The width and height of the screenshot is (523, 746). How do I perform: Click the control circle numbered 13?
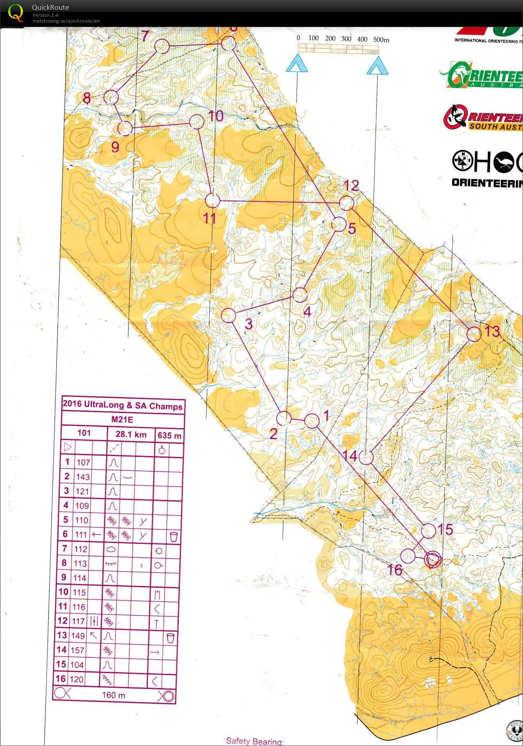474,334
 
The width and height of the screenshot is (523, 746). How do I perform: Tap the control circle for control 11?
212,201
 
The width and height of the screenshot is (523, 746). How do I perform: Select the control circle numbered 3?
229,315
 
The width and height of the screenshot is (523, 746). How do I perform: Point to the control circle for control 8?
111,97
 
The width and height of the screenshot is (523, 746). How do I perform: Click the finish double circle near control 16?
432,559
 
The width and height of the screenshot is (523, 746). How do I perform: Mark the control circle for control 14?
366,457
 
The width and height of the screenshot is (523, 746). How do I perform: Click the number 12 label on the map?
351,186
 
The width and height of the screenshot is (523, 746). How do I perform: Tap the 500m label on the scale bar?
381,40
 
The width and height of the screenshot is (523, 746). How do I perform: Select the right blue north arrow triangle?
377,66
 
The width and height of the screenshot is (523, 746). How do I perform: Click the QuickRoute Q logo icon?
16,13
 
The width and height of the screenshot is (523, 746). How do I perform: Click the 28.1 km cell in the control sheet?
131,434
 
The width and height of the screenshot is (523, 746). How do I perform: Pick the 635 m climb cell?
169,436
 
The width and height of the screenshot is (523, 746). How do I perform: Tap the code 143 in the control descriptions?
83,477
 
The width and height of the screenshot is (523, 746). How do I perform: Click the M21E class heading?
122,419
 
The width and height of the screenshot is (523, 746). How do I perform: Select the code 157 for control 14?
77,650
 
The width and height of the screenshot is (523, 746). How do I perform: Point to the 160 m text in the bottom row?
113,695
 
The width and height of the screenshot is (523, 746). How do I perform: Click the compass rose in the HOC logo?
463,161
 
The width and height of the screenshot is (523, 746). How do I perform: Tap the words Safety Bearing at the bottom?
254,741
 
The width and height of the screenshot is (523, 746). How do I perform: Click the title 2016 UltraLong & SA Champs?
122,405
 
